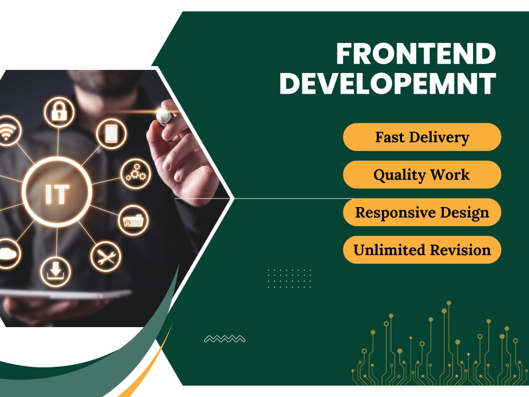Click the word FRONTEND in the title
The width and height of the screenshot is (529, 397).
(x=416, y=54)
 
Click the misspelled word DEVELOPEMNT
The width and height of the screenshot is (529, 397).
(x=387, y=83)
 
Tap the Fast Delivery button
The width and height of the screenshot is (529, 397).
(x=422, y=137)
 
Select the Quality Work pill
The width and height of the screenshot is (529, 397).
(x=422, y=175)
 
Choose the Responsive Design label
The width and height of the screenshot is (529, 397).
(x=422, y=212)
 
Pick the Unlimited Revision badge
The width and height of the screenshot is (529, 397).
(x=422, y=250)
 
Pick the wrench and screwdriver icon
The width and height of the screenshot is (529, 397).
(x=106, y=257)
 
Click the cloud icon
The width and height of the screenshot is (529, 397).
(x=7, y=256)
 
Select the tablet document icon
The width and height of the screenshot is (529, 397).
(x=111, y=134)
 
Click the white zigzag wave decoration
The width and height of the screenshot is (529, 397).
(x=224, y=339)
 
